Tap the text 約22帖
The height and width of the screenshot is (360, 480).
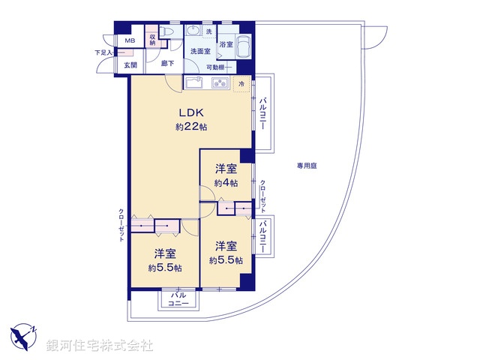(190, 127)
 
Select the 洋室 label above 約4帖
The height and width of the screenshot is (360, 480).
(226, 169)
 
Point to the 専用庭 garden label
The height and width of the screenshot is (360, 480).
(306, 165)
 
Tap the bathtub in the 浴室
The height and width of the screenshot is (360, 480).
(244, 46)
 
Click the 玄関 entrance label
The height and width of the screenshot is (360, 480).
(130, 65)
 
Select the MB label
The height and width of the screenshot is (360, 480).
(130, 41)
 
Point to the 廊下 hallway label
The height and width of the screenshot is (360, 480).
(168, 64)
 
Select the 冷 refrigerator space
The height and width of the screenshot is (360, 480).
(241, 84)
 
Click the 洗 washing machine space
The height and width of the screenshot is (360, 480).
(209, 31)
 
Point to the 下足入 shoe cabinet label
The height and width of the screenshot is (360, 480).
(103, 52)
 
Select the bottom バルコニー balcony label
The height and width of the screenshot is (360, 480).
(178, 299)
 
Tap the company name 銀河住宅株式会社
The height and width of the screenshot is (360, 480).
(99, 346)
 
